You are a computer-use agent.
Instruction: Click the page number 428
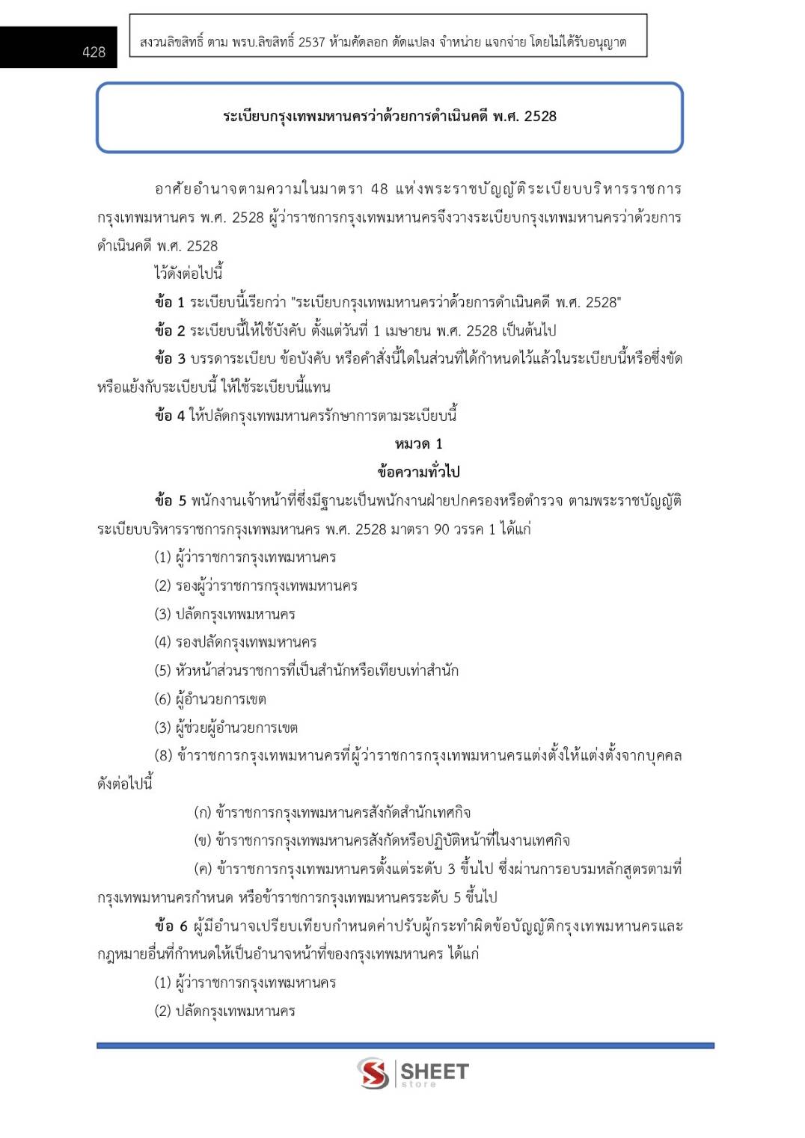tap(94, 52)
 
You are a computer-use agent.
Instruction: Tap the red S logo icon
tap(373, 1073)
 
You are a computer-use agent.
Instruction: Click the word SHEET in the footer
tap(435, 1071)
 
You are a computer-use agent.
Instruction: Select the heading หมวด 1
tap(418, 443)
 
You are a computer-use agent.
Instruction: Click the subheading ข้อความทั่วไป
tap(418, 472)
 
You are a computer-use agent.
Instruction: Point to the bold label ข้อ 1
tap(169, 302)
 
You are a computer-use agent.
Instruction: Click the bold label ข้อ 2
tap(169, 330)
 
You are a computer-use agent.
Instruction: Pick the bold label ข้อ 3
tap(169, 359)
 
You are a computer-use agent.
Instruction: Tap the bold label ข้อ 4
tap(169, 416)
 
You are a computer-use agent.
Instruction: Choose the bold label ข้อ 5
tap(169, 500)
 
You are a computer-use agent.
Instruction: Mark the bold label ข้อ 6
tap(171, 926)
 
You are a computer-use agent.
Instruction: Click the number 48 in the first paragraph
tap(379, 189)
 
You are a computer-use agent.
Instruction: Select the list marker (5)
tap(163, 671)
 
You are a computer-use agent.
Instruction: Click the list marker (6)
tap(163, 699)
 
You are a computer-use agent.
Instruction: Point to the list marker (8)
tap(163, 755)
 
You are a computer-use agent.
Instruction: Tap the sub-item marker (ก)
tap(202, 812)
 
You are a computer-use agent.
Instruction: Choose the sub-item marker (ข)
tap(202, 840)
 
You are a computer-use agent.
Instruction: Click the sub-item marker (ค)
tap(202, 869)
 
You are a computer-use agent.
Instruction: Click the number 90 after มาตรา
tap(441, 529)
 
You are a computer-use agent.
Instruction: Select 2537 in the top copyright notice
tap(311, 43)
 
